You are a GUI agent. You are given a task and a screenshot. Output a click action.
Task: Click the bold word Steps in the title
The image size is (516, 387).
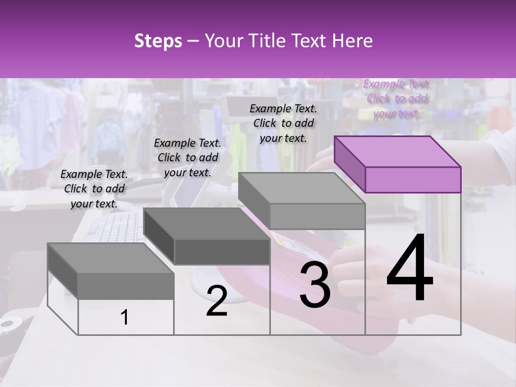pyautogui.click(x=158, y=41)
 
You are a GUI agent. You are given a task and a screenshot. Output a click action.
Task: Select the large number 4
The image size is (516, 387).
pyautogui.click(x=410, y=270)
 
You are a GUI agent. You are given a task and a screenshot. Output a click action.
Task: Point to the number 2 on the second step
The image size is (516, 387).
pyautogui.click(x=217, y=300)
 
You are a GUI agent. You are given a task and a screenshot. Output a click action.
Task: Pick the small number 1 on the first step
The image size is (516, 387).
pyautogui.click(x=125, y=318)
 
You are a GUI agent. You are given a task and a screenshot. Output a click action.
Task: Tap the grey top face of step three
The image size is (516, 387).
pyautogui.click(x=301, y=188)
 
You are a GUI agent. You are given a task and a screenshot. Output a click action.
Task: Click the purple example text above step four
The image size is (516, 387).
pyautogui.click(x=397, y=98)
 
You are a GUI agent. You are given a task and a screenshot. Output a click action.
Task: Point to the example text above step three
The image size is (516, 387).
pyautogui.click(x=283, y=123)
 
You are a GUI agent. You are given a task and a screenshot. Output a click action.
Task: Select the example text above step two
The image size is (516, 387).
pyautogui.click(x=188, y=157)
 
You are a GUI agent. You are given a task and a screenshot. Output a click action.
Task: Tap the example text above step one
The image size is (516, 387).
pyautogui.click(x=94, y=189)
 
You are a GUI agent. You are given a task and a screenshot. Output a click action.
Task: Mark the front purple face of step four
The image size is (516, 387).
pyautogui.click(x=413, y=180)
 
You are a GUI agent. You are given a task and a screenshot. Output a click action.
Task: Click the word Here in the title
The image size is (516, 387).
pyautogui.click(x=353, y=41)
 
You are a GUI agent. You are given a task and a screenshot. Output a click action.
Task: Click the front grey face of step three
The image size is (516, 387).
pyautogui.click(x=317, y=216)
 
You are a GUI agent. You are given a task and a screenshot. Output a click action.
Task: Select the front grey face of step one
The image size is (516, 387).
pyautogui.click(x=126, y=285)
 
